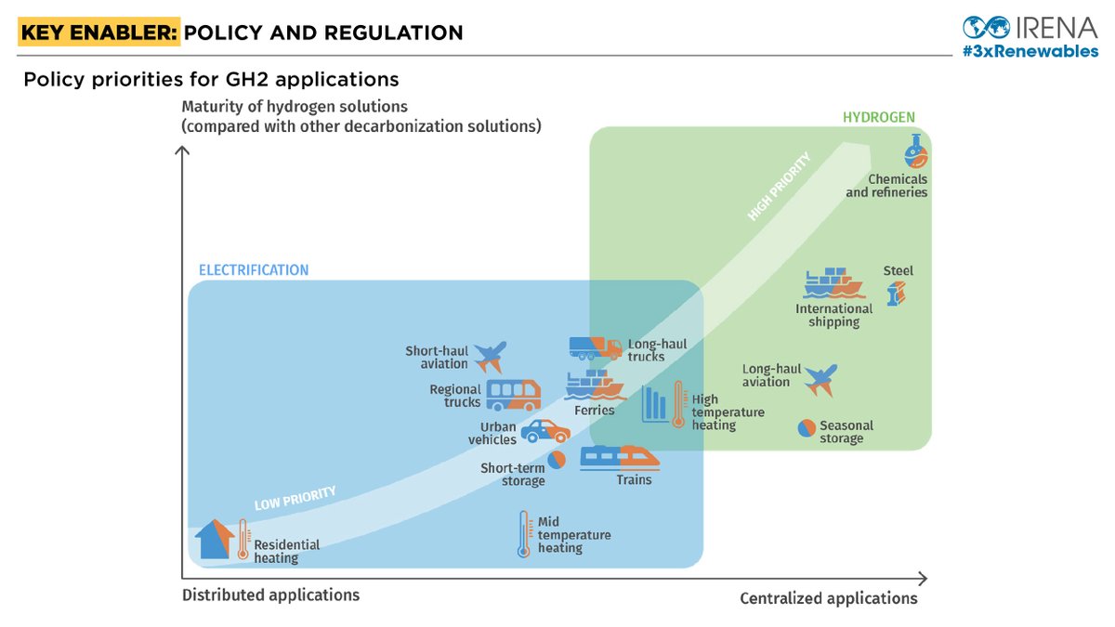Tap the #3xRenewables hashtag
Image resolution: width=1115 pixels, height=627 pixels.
[1030, 51]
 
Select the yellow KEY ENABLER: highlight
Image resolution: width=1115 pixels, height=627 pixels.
[98, 33]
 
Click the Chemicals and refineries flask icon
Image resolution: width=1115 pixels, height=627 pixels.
[915, 150]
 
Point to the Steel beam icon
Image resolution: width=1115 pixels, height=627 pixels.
[896, 294]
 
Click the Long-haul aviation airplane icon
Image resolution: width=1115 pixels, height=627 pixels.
[820, 379]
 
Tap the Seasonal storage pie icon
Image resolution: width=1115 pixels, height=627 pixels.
[807, 427]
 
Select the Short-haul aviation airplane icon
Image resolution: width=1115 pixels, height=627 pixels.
[490, 356]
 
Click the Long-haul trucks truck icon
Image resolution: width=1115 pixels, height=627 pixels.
[596, 347]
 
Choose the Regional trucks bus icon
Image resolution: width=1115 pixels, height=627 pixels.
[513, 395]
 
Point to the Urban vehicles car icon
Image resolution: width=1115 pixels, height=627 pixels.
[545, 431]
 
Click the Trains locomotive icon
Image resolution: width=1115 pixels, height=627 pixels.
[620, 458]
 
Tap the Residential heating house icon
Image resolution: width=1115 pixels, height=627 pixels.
[214, 539]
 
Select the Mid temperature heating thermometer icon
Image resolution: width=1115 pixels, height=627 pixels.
[523, 534]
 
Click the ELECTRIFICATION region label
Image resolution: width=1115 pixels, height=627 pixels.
[254, 270]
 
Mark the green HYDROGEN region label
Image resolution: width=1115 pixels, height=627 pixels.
[878, 117]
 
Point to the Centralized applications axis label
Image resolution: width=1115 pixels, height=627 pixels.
[828, 598]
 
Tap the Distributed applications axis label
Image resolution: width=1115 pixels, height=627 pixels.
[270, 594]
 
